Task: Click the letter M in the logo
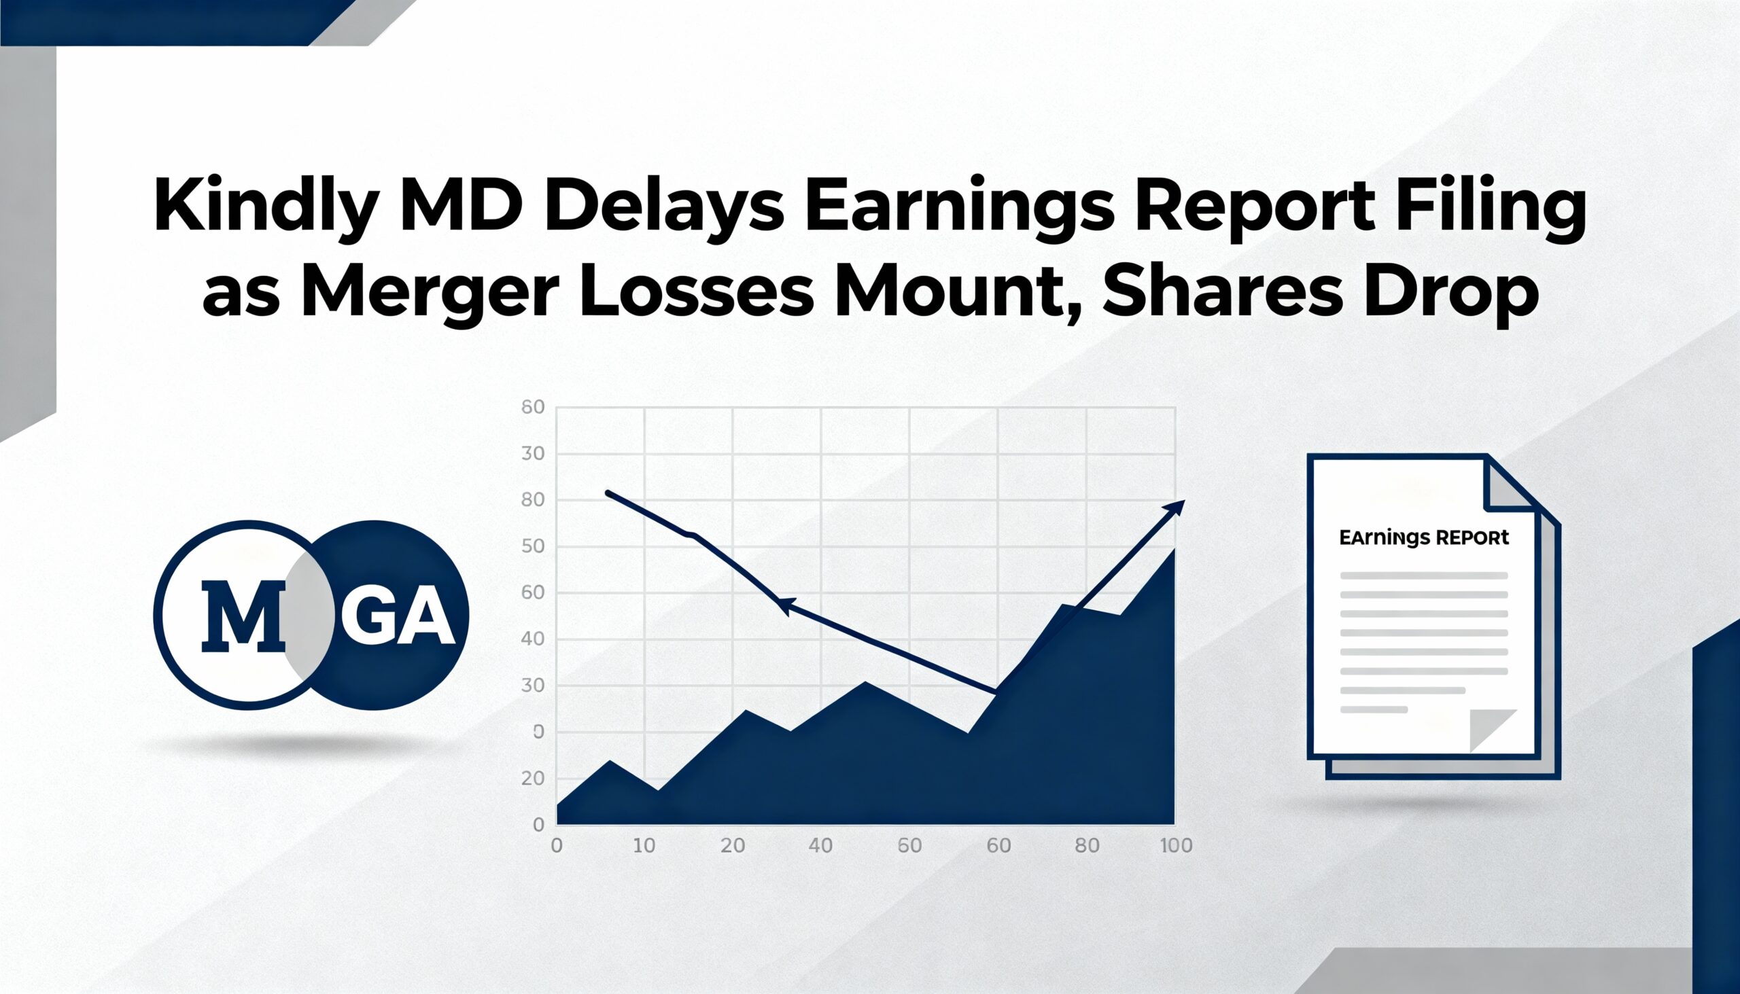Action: point(243,615)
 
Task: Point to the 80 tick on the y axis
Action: point(533,500)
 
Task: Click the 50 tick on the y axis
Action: point(533,546)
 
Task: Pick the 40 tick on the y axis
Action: point(533,639)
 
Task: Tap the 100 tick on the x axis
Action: point(1176,846)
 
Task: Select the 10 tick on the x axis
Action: point(644,846)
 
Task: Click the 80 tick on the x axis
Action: point(1087,846)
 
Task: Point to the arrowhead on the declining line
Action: point(785,606)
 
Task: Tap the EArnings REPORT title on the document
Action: point(1424,538)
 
